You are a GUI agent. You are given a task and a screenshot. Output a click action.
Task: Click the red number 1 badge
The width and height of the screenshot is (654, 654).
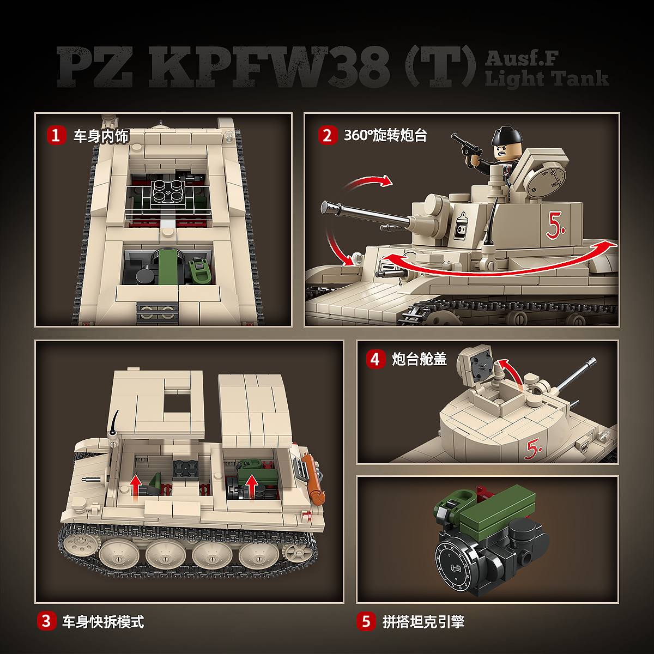coord(56,135)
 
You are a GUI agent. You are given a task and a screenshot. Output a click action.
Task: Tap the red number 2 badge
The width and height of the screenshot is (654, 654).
coord(328,135)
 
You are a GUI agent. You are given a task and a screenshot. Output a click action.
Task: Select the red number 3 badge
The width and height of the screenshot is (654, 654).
coord(46,621)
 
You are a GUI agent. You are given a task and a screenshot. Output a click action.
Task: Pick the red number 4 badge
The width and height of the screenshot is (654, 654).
coord(376,359)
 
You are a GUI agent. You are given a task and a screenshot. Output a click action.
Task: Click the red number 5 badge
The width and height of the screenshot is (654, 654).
coord(366,621)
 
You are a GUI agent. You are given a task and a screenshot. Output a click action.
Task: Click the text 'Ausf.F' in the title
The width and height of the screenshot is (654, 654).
coord(522,58)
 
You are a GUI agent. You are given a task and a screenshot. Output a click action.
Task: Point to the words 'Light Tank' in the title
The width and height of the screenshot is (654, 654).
coord(547,78)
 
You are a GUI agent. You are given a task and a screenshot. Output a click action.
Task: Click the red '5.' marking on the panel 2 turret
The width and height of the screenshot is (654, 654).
coord(555,225)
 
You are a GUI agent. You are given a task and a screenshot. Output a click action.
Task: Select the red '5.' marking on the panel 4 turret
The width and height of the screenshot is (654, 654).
coord(533,449)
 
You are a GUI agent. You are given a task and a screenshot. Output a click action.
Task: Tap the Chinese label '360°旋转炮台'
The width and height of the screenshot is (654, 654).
coord(385,135)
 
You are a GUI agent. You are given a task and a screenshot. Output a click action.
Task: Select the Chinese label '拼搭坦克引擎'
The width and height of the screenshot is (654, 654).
coord(423,621)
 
